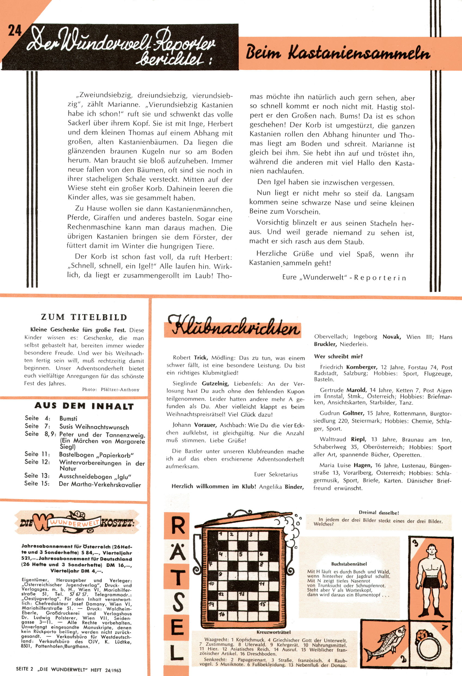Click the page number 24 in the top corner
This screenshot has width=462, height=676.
(x=14, y=30)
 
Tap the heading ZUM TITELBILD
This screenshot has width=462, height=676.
(x=84, y=317)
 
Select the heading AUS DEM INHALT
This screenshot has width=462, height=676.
(x=84, y=406)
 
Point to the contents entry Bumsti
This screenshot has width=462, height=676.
(x=68, y=418)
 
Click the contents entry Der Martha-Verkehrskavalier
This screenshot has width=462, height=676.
(x=100, y=485)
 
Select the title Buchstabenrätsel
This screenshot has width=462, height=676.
(x=349, y=564)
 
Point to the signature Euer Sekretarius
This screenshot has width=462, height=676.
(x=276, y=474)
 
